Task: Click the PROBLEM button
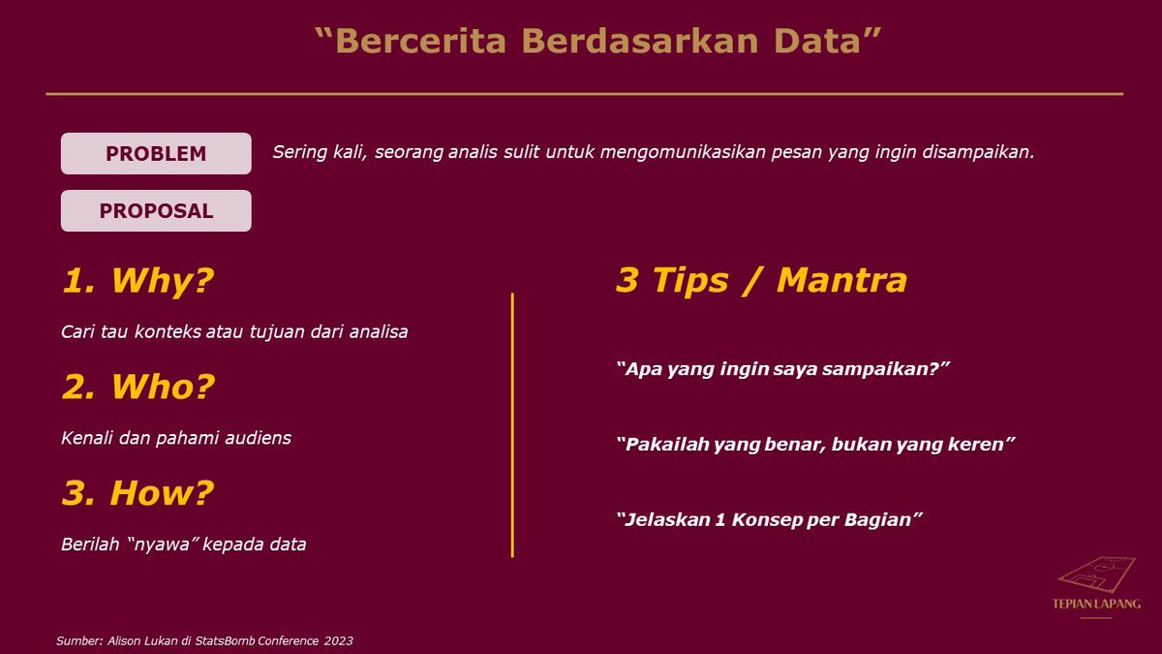(156, 154)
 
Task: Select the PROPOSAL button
(156, 211)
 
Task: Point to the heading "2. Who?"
(138, 387)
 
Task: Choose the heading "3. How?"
(138, 493)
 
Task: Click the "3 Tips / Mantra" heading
(761, 280)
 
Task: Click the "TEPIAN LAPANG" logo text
(1096, 604)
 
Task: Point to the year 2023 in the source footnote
(338, 640)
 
